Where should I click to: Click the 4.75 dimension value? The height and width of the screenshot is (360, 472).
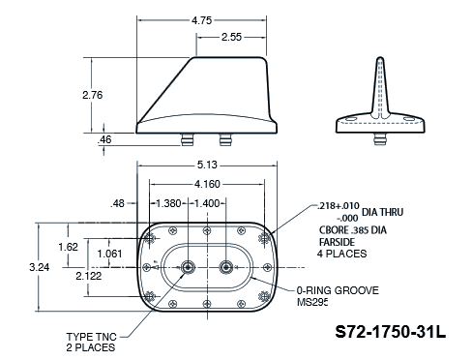[202, 20]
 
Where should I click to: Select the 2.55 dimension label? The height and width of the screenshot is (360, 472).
[231, 37]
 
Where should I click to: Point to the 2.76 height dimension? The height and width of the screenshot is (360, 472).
[93, 95]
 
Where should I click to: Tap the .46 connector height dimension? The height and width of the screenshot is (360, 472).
[104, 139]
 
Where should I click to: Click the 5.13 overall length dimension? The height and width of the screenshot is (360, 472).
[207, 165]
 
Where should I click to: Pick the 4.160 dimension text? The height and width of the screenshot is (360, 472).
[207, 184]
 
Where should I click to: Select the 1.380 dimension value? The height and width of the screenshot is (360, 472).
[168, 203]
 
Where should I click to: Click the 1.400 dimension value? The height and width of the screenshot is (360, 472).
[207, 203]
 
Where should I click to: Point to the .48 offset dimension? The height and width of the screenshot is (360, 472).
[117, 203]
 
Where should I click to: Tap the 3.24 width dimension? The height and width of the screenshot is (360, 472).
[40, 267]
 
